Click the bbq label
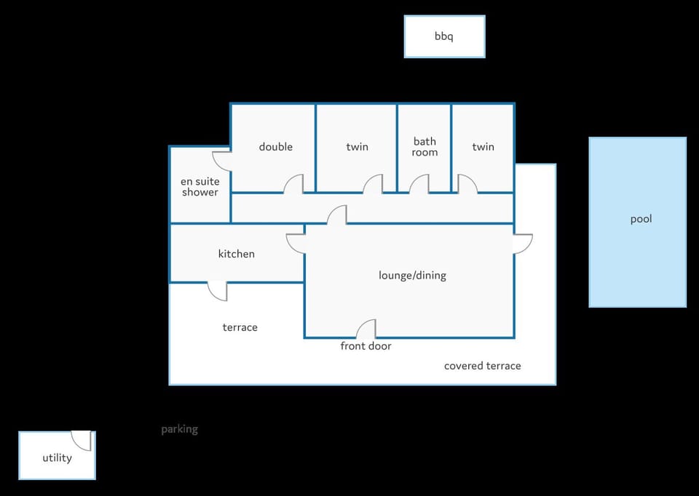444,36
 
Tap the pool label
641,219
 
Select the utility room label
57,457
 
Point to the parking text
180,429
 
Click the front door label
366,346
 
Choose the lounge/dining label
412,275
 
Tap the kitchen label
236,254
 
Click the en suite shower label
200,187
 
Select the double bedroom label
276,147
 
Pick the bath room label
424,147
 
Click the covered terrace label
483,366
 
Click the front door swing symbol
366,329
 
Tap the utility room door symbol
82,440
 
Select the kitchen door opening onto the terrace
218,291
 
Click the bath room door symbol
419,184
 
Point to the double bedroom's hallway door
293,184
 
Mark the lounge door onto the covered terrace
524,244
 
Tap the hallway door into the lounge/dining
337,215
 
